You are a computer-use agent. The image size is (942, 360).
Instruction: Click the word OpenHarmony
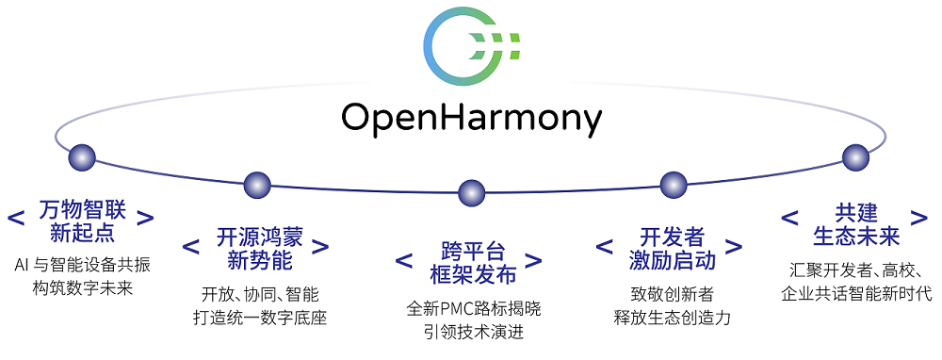pyautogui.click(x=472, y=118)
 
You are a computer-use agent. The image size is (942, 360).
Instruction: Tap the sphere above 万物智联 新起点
pyautogui.click(x=82, y=157)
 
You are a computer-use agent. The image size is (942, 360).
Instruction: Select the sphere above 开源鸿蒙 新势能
pyautogui.click(x=257, y=185)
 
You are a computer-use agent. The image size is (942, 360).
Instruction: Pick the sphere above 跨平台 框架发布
pyautogui.click(x=471, y=193)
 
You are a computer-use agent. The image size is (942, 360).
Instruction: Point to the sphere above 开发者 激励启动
pyautogui.click(x=674, y=185)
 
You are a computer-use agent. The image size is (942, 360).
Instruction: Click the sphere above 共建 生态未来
pyautogui.click(x=855, y=157)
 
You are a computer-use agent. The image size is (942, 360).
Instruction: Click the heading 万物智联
pyautogui.click(x=82, y=211)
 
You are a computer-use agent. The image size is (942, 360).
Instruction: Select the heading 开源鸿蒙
pyautogui.click(x=260, y=239)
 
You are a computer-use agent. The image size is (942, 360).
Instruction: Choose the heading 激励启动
pyautogui.click(x=673, y=261)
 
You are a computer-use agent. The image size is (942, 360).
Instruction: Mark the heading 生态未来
pyautogui.click(x=856, y=237)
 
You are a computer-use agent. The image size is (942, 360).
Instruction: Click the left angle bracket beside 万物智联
pyautogui.click(x=17, y=218)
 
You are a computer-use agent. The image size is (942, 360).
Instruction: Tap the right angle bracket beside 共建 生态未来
pyautogui.click(x=919, y=218)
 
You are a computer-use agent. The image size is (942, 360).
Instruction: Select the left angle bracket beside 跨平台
pyautogui.click(x=404, y=261)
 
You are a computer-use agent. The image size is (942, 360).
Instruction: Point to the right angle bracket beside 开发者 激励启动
pyautogui.click(x=734, y=247)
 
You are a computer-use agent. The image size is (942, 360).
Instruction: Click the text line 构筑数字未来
pyautogui.click(x=82, y=287)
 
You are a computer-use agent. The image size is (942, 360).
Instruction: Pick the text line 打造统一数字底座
pyautogui.click(x=260, y=317)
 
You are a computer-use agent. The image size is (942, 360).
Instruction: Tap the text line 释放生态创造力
pyautogui.click(x=673, y=317)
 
